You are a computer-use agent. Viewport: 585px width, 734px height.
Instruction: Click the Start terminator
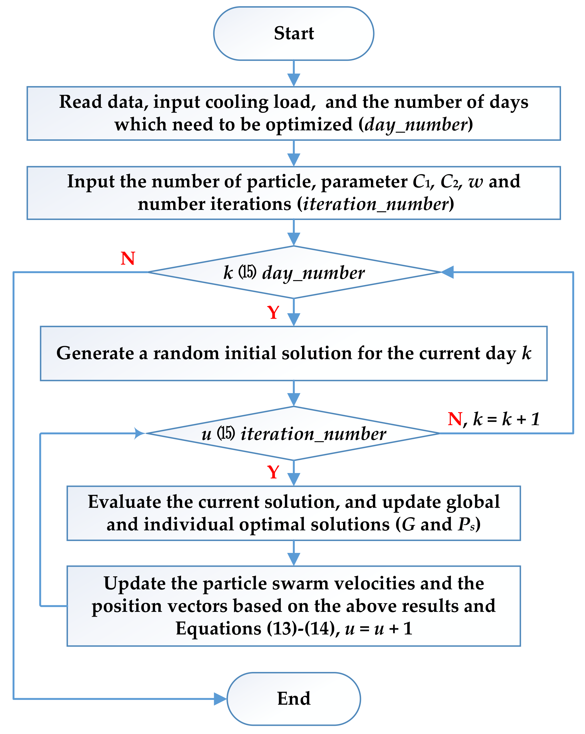coord(293,33)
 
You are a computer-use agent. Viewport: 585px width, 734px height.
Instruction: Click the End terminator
coord(293,698)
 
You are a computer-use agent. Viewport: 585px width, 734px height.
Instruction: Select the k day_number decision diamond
coord(294,272)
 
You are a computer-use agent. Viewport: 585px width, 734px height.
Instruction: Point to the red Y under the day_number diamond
coord(273,312)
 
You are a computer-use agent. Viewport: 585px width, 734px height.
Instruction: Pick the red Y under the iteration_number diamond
coord(273,472)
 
